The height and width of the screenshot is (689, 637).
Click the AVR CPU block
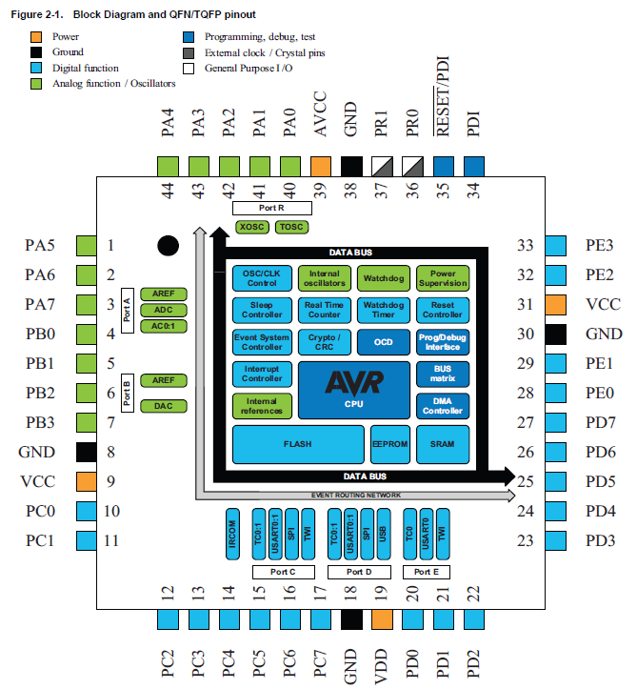[x=354, y=390]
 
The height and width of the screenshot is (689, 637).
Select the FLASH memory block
[x=298, y=444]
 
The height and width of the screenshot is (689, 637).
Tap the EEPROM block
[x=389, y=444]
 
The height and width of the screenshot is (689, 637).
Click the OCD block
[x=384, y=342]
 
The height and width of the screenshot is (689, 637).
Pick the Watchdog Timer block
[x=384, y=310]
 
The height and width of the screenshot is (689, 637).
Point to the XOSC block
[x=252, y=227]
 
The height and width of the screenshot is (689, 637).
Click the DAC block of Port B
[x=164, y=406]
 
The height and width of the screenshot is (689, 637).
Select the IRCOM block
[x=232, y=534]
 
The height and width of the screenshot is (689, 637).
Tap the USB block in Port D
[x=384, y=534]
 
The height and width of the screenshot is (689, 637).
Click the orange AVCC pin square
[x=321, y=167]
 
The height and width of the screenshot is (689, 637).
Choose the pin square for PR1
[x=382, y=167]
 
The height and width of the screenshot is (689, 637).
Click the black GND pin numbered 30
[x=555, y=334]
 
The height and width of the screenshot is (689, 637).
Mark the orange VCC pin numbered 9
[x=87, y=481]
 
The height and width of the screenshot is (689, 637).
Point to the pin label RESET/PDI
[x=443, y=96]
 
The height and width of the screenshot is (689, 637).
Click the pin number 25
[x=525, y=481]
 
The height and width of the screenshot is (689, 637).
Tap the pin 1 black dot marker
[x=169, y=246]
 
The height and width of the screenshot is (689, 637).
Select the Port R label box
[x=272, y=208]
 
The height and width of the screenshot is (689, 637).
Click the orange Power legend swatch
[x=36, y=37]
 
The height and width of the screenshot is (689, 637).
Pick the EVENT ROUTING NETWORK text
[x=356, y=496]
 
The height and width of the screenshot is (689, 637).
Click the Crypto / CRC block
[x=325, y=342]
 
